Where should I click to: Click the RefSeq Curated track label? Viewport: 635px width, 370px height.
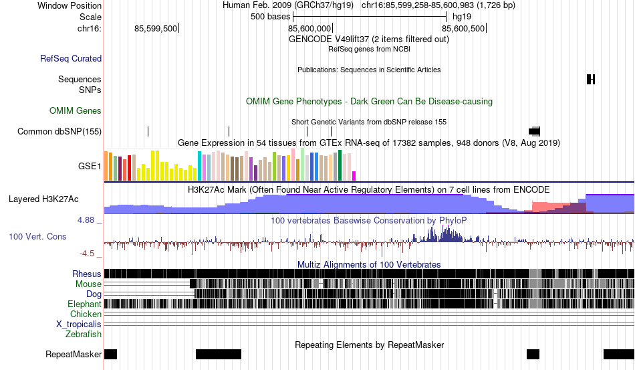[71, 59]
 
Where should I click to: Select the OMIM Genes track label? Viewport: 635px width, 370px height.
[75, 110]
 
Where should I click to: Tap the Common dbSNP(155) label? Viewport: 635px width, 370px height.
[59, 131]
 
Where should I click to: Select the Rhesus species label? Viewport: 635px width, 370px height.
[86, 274]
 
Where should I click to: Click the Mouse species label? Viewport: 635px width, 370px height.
[88, 284]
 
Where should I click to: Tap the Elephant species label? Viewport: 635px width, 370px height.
[84, 304]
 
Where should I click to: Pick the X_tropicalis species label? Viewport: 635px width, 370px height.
[79, 324]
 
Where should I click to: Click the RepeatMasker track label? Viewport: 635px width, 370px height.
[74, 354]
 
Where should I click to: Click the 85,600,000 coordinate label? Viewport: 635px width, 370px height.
[309, 29]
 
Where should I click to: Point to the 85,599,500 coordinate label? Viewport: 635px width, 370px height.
[156, 29]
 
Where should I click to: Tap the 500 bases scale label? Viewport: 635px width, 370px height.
[266, 16]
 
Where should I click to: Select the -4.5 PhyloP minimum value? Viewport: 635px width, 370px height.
[88, 253]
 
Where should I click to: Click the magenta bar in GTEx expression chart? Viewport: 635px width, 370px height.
[354, 175]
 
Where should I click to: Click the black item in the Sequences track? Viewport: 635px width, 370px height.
[591, 80]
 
